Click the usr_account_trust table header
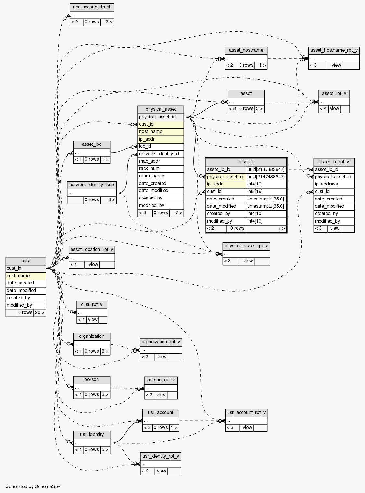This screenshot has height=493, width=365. (x=92, y=7)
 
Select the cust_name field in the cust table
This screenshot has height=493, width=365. (x=26, y=276)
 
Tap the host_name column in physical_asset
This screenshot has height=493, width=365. (x=161, y=131)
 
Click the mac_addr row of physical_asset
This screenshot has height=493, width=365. (x=161, y=161)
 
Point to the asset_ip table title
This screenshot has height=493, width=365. (x=246, y=162)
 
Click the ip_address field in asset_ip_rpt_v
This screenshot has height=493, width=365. (x=334, y=184)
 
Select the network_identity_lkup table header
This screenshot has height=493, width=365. (x=92, y=185)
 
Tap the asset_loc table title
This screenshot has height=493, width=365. (x=92, y=144)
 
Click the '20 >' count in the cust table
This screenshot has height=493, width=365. (x=40, y=313)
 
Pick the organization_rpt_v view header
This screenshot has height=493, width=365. (x=161, y=342)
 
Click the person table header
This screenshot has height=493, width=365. (x=92, y=380)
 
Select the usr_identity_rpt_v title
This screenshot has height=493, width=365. (x=161, y=456)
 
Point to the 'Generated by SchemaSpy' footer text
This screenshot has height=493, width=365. (x=33, y=486)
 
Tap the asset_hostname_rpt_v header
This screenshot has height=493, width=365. (x=334, y=50)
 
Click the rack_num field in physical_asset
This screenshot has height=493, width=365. (x=161, y=169)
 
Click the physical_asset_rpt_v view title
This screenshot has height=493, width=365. (x=246, y=246)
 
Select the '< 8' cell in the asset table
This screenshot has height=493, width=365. (x=233, y=109)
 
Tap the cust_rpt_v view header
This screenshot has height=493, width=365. (x=92, y=305)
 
